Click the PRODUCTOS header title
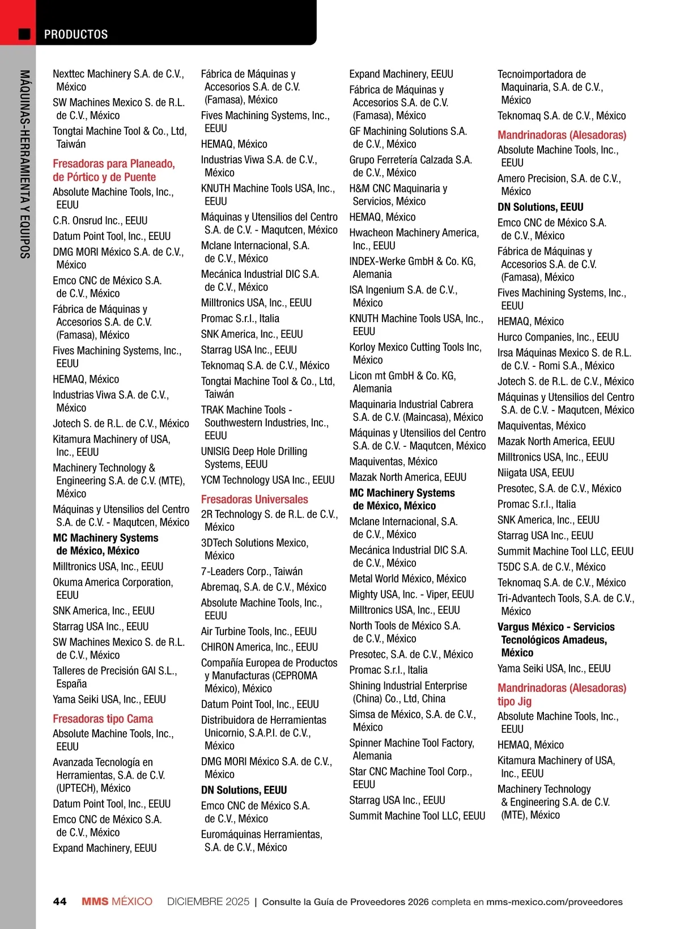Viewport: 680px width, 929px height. pos(76,35)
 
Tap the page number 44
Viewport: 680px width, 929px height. pos(59,901)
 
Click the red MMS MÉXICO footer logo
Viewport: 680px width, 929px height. pos(117,901)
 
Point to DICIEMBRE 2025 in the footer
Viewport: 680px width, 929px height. pos(208,901)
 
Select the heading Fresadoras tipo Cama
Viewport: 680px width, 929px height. pos(103,719)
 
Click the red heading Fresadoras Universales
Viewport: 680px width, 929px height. pos(254,499)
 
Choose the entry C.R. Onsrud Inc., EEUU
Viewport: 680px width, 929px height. pos(100,221)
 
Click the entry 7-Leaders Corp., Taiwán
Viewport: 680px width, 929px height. pos(252,571)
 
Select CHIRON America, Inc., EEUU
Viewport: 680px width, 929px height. pos(259,647)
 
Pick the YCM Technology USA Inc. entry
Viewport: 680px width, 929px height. pos(267,480)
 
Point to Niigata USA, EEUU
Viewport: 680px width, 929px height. pos(535,472)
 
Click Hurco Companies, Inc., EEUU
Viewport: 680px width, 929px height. pos(558,337)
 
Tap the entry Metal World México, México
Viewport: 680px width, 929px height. pos(407,578)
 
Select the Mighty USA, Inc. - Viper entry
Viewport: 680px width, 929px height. pos(411,594)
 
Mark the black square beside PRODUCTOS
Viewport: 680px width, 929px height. pos(24,34)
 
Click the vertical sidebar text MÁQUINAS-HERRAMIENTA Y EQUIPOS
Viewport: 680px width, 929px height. pos(24,164)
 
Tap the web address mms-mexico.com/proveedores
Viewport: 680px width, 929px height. pos(554,902)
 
